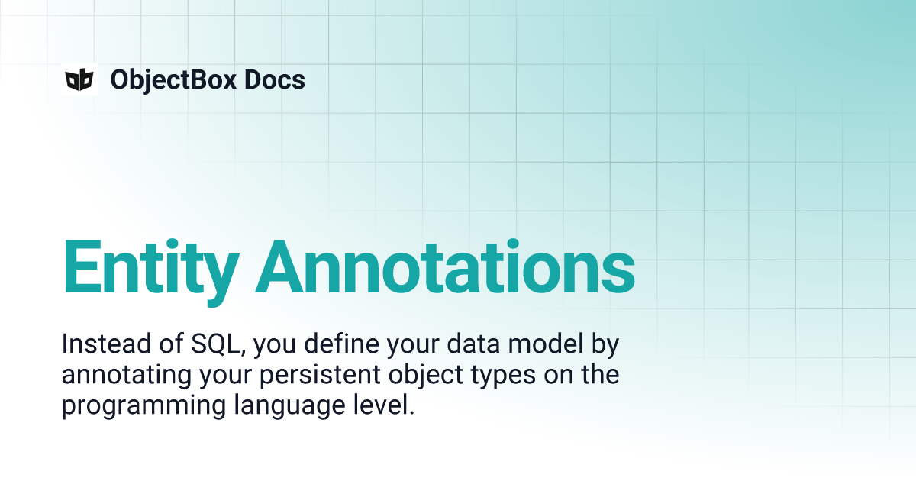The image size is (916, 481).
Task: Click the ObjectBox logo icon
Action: pos(79,79)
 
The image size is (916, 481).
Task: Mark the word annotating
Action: pos(121,376)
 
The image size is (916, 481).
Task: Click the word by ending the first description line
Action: pos(607,345)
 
